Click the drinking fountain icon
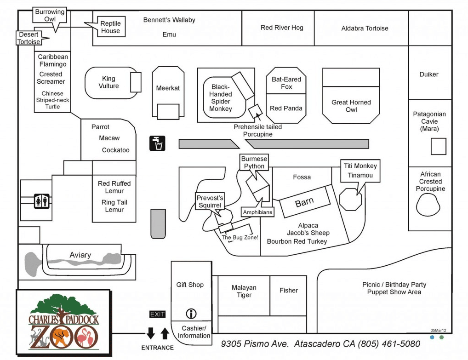click(x=157, y=143)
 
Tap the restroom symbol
click(x=41, y=201)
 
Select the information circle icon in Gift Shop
click(x=191, y=314)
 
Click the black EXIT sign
click(x=157, y=314)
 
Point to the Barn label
click(x=304, y=202)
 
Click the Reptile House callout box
click(x=110, y=27)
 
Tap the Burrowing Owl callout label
click(x=50, y=15)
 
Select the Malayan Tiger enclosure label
click(x=244, y=291)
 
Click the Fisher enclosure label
click(x=289, y=290)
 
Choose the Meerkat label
click(x=168, y=88)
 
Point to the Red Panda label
click(x=286, y=108)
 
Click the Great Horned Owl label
click(x=351, y=106)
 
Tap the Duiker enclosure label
click(x=429, y=74)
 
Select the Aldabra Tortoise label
click(x=365, y=28)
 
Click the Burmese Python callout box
click(x=254, y=162)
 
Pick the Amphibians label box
click(x=257, y=212)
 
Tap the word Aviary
click(x=80, y=255)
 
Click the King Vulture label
click(x=108, y=82)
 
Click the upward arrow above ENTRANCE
click(x=165, y=333)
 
